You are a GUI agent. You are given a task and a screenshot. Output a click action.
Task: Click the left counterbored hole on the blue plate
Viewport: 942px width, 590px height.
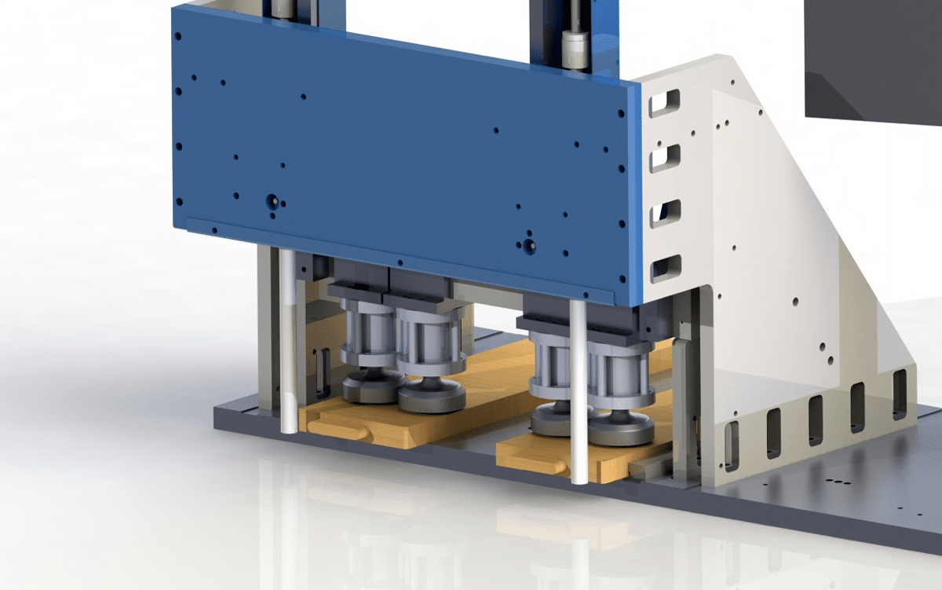tap(272, 201)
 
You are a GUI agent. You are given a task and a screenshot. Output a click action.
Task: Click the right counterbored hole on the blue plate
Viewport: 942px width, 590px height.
tap(530, 246)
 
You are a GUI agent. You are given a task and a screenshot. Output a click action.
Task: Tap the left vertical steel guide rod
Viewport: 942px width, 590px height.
tap(288, 342)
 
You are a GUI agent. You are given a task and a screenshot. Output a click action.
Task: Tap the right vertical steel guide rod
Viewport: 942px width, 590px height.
tap(579, 393)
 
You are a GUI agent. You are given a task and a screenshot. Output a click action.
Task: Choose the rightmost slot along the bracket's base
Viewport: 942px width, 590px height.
tap(900, 383)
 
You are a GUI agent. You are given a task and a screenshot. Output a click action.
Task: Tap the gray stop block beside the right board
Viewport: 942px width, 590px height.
tap(648, 468)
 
